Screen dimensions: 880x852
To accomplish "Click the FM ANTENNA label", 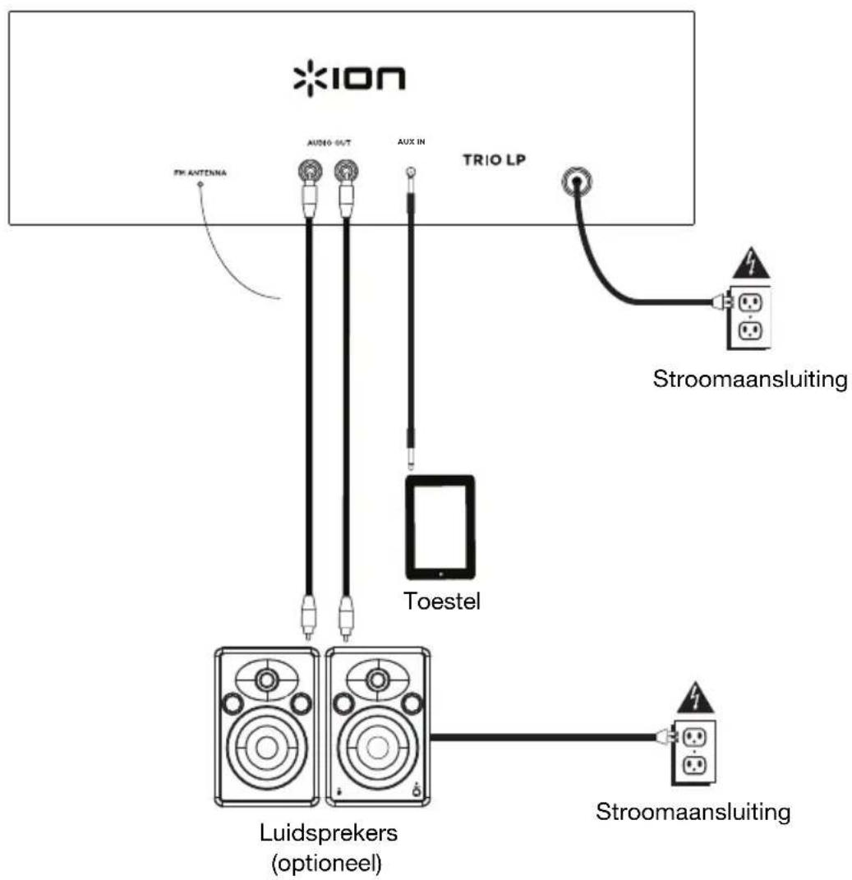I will coord(201,174).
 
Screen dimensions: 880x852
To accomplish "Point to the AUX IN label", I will coord(408,142).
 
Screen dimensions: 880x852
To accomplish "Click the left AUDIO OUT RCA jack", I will coord(309,171).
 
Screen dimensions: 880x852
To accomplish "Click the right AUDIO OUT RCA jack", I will coord(345,171).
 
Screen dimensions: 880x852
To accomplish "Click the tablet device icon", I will coord(440,528).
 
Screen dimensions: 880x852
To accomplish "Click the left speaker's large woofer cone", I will coord(266,747).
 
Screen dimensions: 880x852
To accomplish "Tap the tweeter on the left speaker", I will coord(266,680).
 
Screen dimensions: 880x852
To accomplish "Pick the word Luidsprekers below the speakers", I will coord(328,832).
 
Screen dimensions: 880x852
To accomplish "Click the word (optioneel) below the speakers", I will coord(328,861).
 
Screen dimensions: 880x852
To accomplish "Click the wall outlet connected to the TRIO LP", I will coord(749,316).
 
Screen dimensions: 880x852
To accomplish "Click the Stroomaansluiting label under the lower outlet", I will coord(693,813).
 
